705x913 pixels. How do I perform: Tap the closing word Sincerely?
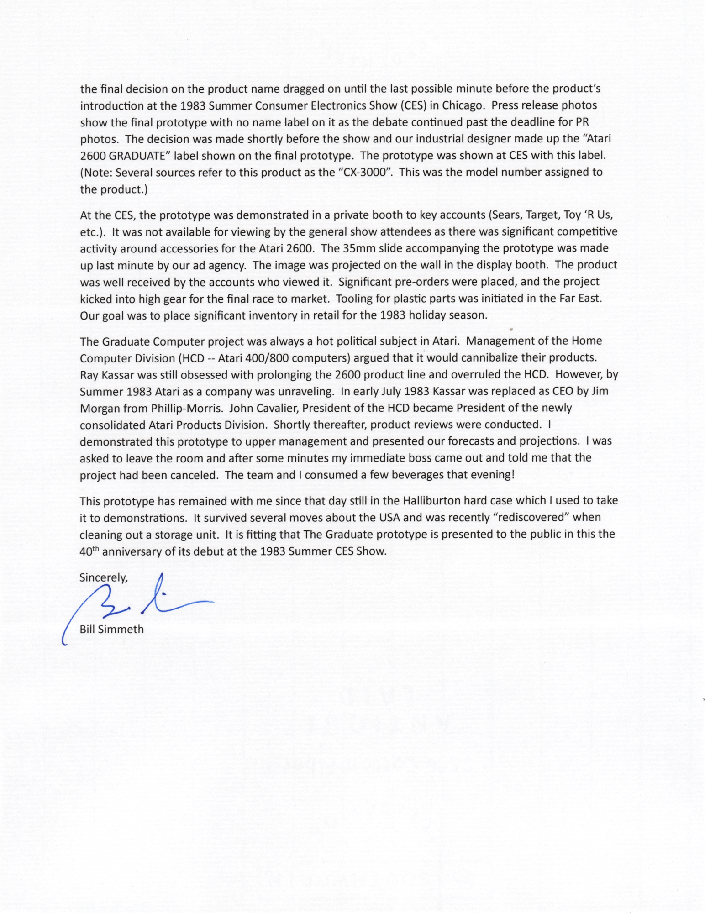[x=104, y=577]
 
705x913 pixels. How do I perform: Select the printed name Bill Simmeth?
[x=112, y=629]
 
